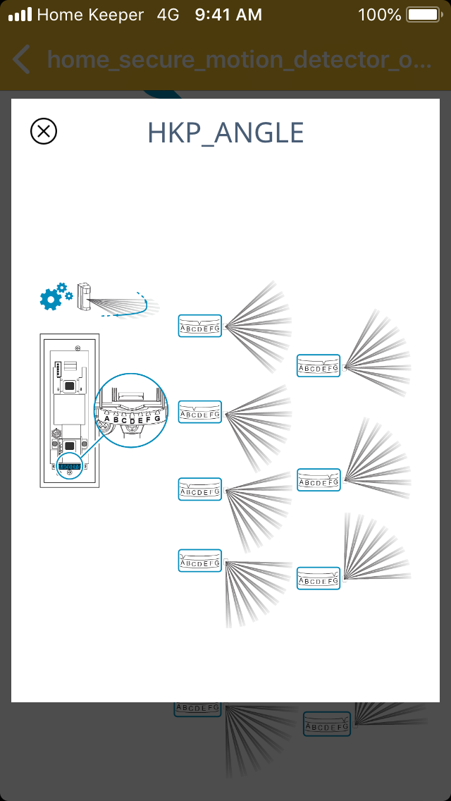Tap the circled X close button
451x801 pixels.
(x=44, y=131)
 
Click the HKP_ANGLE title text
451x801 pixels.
(x=225, y=133)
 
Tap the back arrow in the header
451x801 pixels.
(x=22, y=60)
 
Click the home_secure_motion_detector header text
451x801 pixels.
(x=240, y=60)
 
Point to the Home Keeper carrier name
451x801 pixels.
(x=89, y=14)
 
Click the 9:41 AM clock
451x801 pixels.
(x=229, y=14)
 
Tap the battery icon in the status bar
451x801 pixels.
(x=424, y=14)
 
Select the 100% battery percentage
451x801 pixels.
(x=379, y=14)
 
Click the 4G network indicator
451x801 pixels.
(x=168, y=14)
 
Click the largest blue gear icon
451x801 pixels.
(x=51, y=299)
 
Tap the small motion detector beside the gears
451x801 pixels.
(x=85, y=295)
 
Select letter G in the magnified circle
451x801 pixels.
(x=157, y=419)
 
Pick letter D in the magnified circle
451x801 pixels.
(x=132, y=422)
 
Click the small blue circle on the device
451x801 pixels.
(x=70, y=467)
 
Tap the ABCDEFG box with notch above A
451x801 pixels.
(x=200, y=561)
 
